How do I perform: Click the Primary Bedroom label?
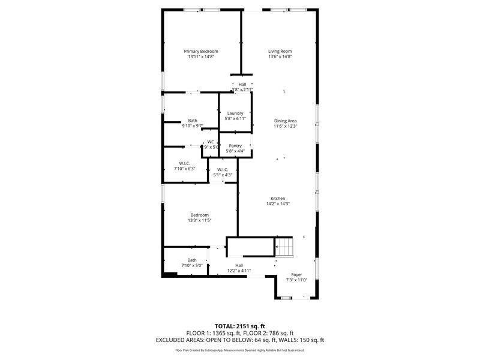click(201, 52)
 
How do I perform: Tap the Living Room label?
click(280, 52)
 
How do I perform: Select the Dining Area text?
click(286, 121)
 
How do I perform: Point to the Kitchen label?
click(277, 199)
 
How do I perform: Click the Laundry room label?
click(235, 113)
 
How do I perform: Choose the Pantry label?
click(235, 146)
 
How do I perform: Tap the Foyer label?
click(296, 274)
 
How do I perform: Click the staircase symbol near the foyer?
click(284, 245)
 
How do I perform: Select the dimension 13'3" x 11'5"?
click(200, 220)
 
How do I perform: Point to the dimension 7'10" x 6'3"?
click(185, 169)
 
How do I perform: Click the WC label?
click(211, 142)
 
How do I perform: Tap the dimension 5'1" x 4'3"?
click(223, 175)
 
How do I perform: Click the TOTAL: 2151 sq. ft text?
click(239, 326)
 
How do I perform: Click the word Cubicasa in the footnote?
click(226, 350)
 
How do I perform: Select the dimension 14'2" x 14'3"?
click(277, 204)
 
